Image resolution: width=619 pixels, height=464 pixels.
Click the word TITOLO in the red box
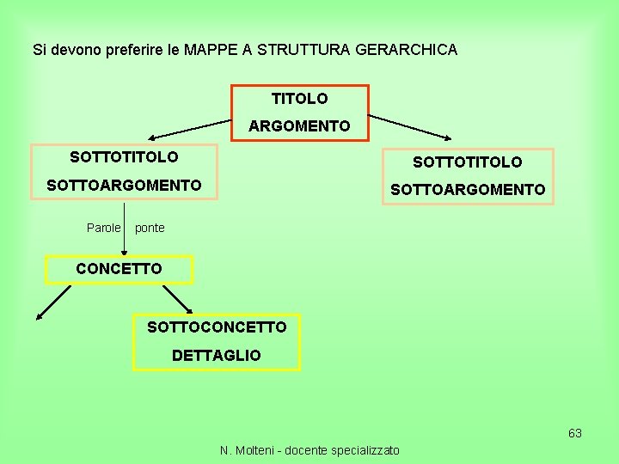299,100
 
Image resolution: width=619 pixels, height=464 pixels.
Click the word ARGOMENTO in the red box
299,126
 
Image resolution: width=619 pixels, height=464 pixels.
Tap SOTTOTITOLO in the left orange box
124,157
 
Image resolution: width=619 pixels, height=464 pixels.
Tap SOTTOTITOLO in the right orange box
467,162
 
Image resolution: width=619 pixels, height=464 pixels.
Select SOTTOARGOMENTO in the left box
124,185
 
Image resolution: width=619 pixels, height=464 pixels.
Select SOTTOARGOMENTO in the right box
467,189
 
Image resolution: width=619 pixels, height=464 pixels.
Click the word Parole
103,228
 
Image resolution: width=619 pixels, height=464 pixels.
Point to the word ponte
150,228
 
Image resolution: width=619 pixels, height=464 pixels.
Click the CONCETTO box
119,269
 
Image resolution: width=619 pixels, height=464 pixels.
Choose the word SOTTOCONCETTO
217,327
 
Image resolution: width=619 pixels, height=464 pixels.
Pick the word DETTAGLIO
217,355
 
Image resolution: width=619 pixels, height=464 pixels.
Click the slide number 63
575,433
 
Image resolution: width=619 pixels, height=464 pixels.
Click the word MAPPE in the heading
209,50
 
